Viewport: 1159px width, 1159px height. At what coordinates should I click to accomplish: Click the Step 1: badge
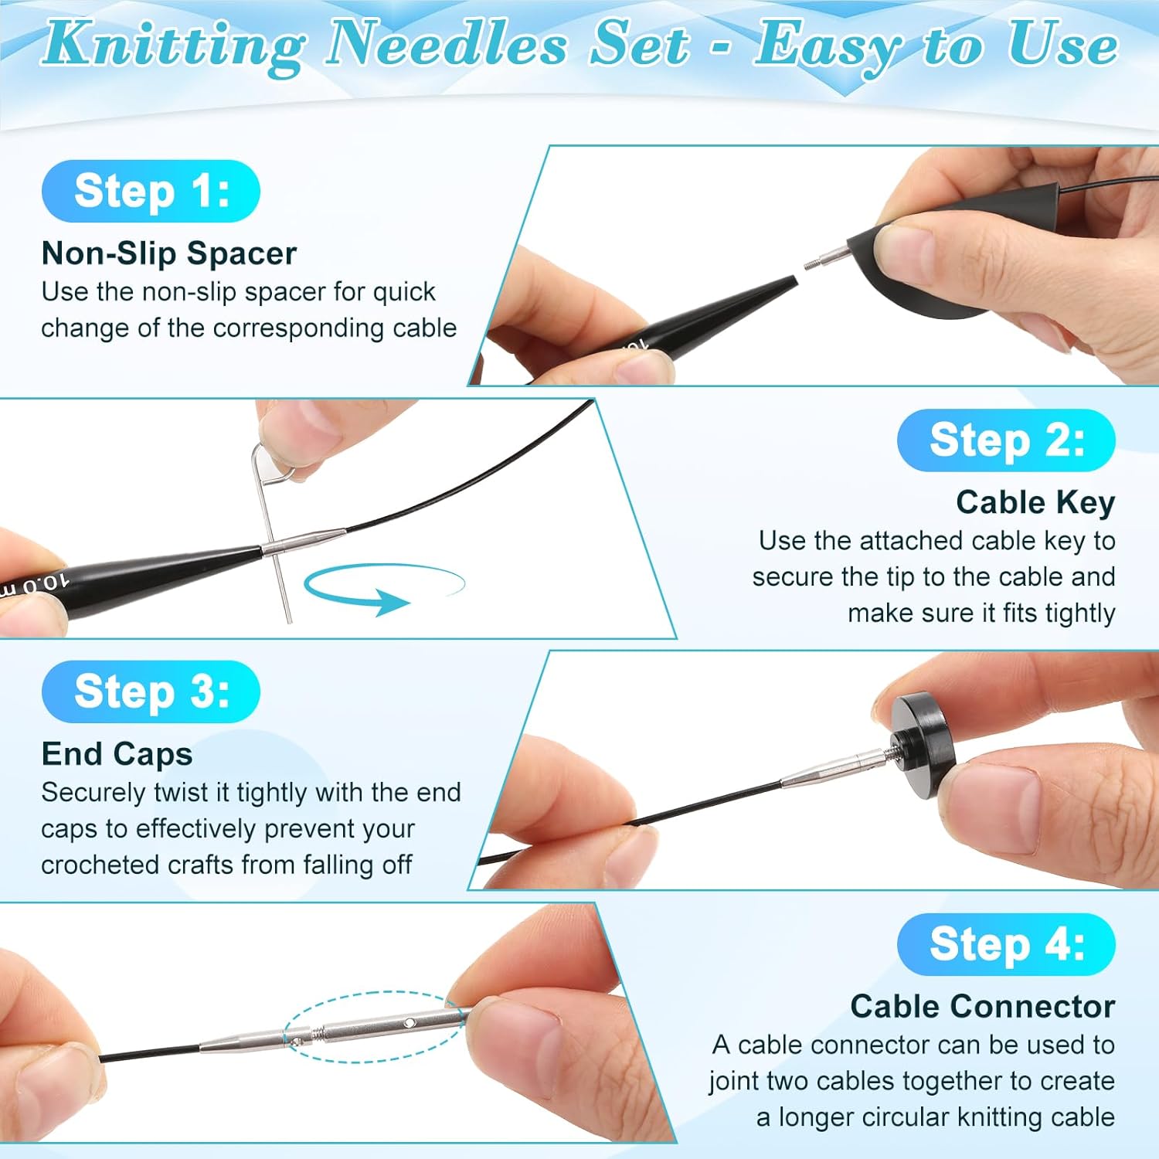pyautogui.click(x=151, y=191)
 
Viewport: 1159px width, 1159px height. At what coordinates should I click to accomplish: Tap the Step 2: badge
pyautogui.click(x=1006, y=440)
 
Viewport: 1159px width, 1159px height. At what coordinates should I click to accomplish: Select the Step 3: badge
pyautogui.click(x=151, y=692)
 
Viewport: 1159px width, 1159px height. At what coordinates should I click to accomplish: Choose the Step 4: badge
pyautogui.click(x=1006, y=944)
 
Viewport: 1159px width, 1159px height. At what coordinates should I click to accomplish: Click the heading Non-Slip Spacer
pyautogui.click(x=168, y=253)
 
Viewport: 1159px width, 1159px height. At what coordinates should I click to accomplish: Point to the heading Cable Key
pyautogui.click(x=1035, y=502)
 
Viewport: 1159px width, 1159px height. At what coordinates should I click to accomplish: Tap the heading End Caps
pyautogui.click(x=117, y=754)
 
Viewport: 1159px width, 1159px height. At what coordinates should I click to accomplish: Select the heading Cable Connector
pyautogui.click(x=982, y=1006)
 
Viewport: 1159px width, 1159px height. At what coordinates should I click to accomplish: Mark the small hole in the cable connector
pyautogui.click(x=410, y=1023)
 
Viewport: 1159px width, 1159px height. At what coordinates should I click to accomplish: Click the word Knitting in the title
pyautogui.click(x=174, y=45)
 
